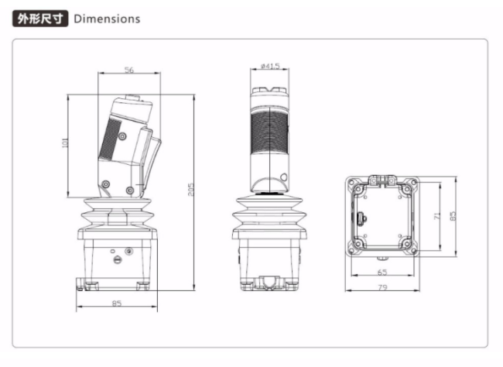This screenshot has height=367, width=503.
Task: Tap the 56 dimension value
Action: coord(128,70)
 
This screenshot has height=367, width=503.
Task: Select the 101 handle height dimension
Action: coord(66,142)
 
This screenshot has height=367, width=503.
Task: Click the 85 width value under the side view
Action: coord(117,303)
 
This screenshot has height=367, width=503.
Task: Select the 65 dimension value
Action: coord(382,272)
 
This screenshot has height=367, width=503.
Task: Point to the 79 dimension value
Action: coord(382,289)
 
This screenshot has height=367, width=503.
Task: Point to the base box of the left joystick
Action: coord(117,259)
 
